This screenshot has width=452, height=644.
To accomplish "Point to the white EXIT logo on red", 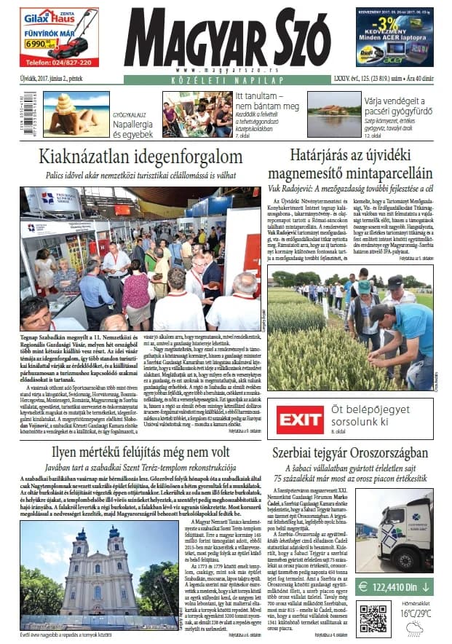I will point(300,419).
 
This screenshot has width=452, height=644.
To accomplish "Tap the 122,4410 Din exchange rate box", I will point(395,585).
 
